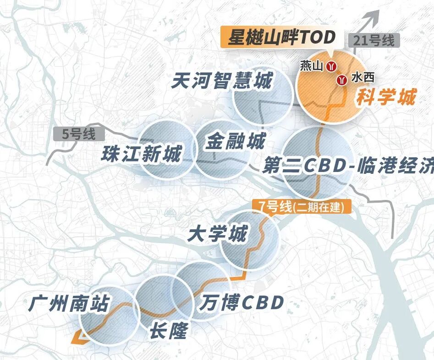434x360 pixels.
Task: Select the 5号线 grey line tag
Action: [79, 135]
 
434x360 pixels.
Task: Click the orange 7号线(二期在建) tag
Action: [301, 206]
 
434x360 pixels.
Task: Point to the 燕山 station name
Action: [312, 66]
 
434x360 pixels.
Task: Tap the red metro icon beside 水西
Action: [341, 80]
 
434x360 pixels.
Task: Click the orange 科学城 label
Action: [386, 97]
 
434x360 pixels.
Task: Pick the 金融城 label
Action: [235, 141]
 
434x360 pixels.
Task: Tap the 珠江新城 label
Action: [141, 154]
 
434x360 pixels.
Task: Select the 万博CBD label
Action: [242, 302]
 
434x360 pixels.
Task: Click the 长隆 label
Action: [168, 330]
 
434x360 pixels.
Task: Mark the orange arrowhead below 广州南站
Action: [77, 338]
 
